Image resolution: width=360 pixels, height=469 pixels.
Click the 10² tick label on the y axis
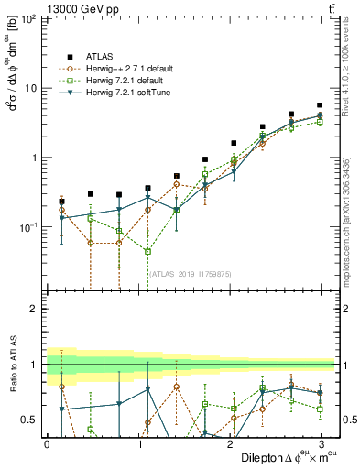point(29,19)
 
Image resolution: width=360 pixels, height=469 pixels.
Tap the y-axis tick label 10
point(31,88)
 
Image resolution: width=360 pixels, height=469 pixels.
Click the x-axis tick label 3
point(320,443)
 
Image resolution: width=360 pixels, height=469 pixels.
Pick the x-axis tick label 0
point(47,443)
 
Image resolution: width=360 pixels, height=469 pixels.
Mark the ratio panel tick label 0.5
point(29,420)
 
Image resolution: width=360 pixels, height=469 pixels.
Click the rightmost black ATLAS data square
point(320,105)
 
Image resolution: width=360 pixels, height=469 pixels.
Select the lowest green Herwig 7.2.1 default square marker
point(147,251)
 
